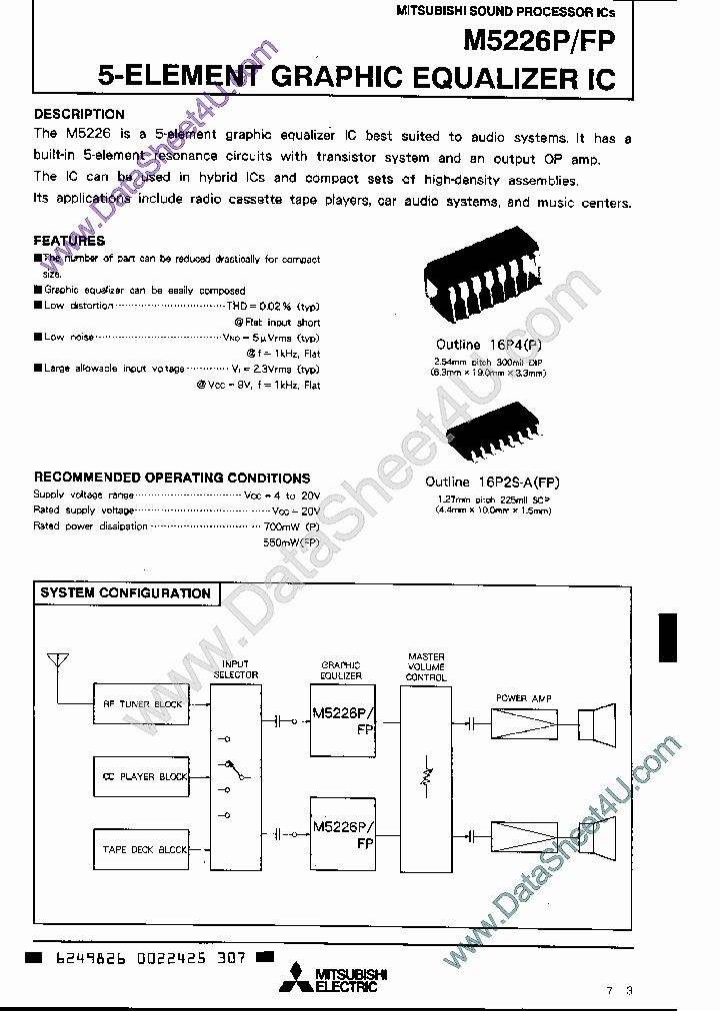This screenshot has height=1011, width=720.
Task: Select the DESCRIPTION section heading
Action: [x=79, y=114]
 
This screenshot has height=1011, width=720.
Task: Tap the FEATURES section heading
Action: [x=69, y=241]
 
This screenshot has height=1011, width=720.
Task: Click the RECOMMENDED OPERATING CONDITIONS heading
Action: [x=172, y=478]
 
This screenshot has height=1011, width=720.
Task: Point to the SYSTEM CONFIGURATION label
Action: [x=125, y=593]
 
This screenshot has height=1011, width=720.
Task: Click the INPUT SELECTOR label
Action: [x=236, y=669]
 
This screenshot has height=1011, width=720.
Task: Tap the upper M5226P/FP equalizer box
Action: [x=341, y=719]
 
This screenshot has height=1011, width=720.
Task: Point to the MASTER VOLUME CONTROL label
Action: [x=426, y=667]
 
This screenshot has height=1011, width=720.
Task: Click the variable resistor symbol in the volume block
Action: [x=426, y=776]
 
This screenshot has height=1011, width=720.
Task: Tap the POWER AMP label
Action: [x=524, y=697]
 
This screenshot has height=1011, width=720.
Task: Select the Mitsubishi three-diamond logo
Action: [x=298, y=980]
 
